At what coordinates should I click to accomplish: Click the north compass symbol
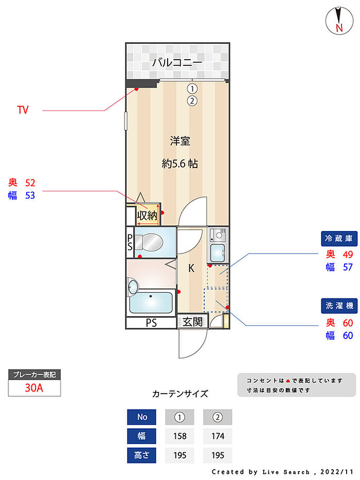(x=339, y=21)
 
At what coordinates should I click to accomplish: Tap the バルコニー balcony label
(x=177, y=62)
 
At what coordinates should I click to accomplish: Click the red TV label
(x=23, y=110)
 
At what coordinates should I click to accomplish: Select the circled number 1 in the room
(x=192, y=89)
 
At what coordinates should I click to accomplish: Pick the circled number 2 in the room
(x=192, y=101)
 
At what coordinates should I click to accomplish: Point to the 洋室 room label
(x=180, y=141)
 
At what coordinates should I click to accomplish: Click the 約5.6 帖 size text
(x=179, y=164)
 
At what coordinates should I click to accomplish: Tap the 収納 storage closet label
(x=147, y=216)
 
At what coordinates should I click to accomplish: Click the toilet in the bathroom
(x=149, y=242)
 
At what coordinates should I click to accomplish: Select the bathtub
(x=151, y=303)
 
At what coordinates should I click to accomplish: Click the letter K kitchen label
(x=191, y=268)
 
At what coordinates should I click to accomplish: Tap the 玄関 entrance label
(x=192, y=322)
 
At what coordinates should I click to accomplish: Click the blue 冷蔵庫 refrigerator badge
(x=339, y=239)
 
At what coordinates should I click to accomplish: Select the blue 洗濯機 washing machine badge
(x=339, y=306)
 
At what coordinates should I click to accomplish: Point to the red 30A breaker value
(x=34, y=388)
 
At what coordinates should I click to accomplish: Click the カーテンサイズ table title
(x=180, y=394)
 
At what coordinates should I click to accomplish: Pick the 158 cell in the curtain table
(x=179, y=436)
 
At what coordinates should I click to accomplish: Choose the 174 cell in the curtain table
(x=218, y=436)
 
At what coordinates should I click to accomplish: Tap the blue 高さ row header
(x=141, y=455)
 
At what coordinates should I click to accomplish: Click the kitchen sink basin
(x=218, y=253)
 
